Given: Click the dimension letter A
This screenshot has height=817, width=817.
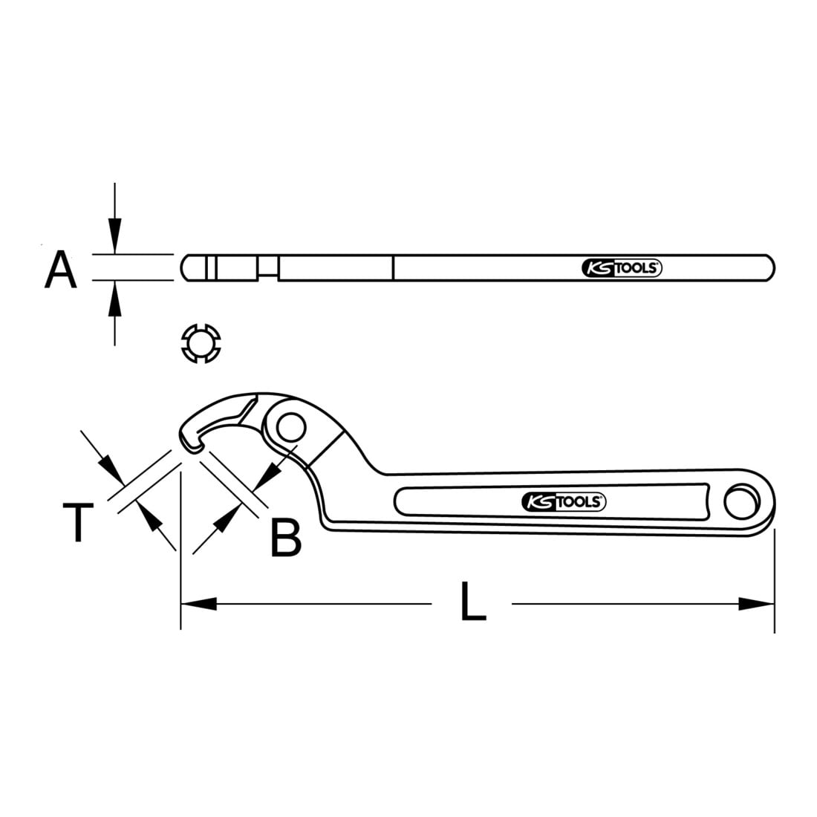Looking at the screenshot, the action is (x=61, y=270).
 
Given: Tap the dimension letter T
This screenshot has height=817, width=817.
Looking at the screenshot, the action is (x=78, y=523).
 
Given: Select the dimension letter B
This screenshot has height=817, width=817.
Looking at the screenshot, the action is (x=286, y=537).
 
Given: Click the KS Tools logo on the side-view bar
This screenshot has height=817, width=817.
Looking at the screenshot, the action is (x=622, y=268).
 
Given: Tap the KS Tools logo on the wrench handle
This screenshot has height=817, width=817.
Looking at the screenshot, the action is (x=563, y=502).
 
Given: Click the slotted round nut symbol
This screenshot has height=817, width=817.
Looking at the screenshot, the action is (x=201, y=343).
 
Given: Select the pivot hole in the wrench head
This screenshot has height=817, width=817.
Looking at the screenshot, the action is (x=290, y=428).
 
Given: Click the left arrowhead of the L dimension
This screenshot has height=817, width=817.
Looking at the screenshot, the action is (x=198, y=604).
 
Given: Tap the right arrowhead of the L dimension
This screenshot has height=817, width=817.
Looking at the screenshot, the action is (x=757, y=604).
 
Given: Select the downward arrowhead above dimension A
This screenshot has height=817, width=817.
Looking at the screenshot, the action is (x=114, y=236).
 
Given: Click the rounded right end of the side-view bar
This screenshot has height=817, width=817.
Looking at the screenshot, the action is (x=769, y=268).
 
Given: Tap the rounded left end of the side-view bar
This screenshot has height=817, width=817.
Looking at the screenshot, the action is (x=186, y=268).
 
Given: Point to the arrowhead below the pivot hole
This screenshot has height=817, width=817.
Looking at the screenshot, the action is (x=267, y=476).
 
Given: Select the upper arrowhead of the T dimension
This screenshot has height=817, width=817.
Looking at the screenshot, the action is (x=111, y=469).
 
